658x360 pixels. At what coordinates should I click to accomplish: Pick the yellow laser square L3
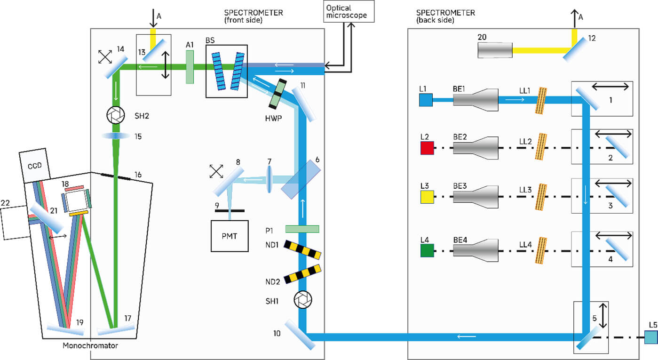click(x=426, y=197)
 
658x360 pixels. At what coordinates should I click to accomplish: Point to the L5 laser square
click(x=650, y=337)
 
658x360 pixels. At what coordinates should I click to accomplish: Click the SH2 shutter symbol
click(x=115, y=115)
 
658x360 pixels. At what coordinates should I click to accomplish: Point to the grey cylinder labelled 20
click(x=495, y=50)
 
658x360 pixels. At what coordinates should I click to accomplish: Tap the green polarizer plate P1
click(x=302, y=229)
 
